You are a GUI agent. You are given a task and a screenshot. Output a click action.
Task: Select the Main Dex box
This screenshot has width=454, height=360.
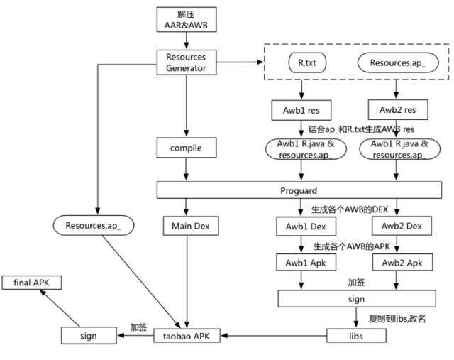pos(187,227)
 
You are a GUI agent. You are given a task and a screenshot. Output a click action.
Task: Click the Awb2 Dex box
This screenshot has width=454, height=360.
pos(397,227)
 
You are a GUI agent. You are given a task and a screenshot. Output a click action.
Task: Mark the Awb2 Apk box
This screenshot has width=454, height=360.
pos(397,262)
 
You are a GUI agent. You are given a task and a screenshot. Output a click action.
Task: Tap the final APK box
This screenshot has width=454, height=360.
pos(31,283)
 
